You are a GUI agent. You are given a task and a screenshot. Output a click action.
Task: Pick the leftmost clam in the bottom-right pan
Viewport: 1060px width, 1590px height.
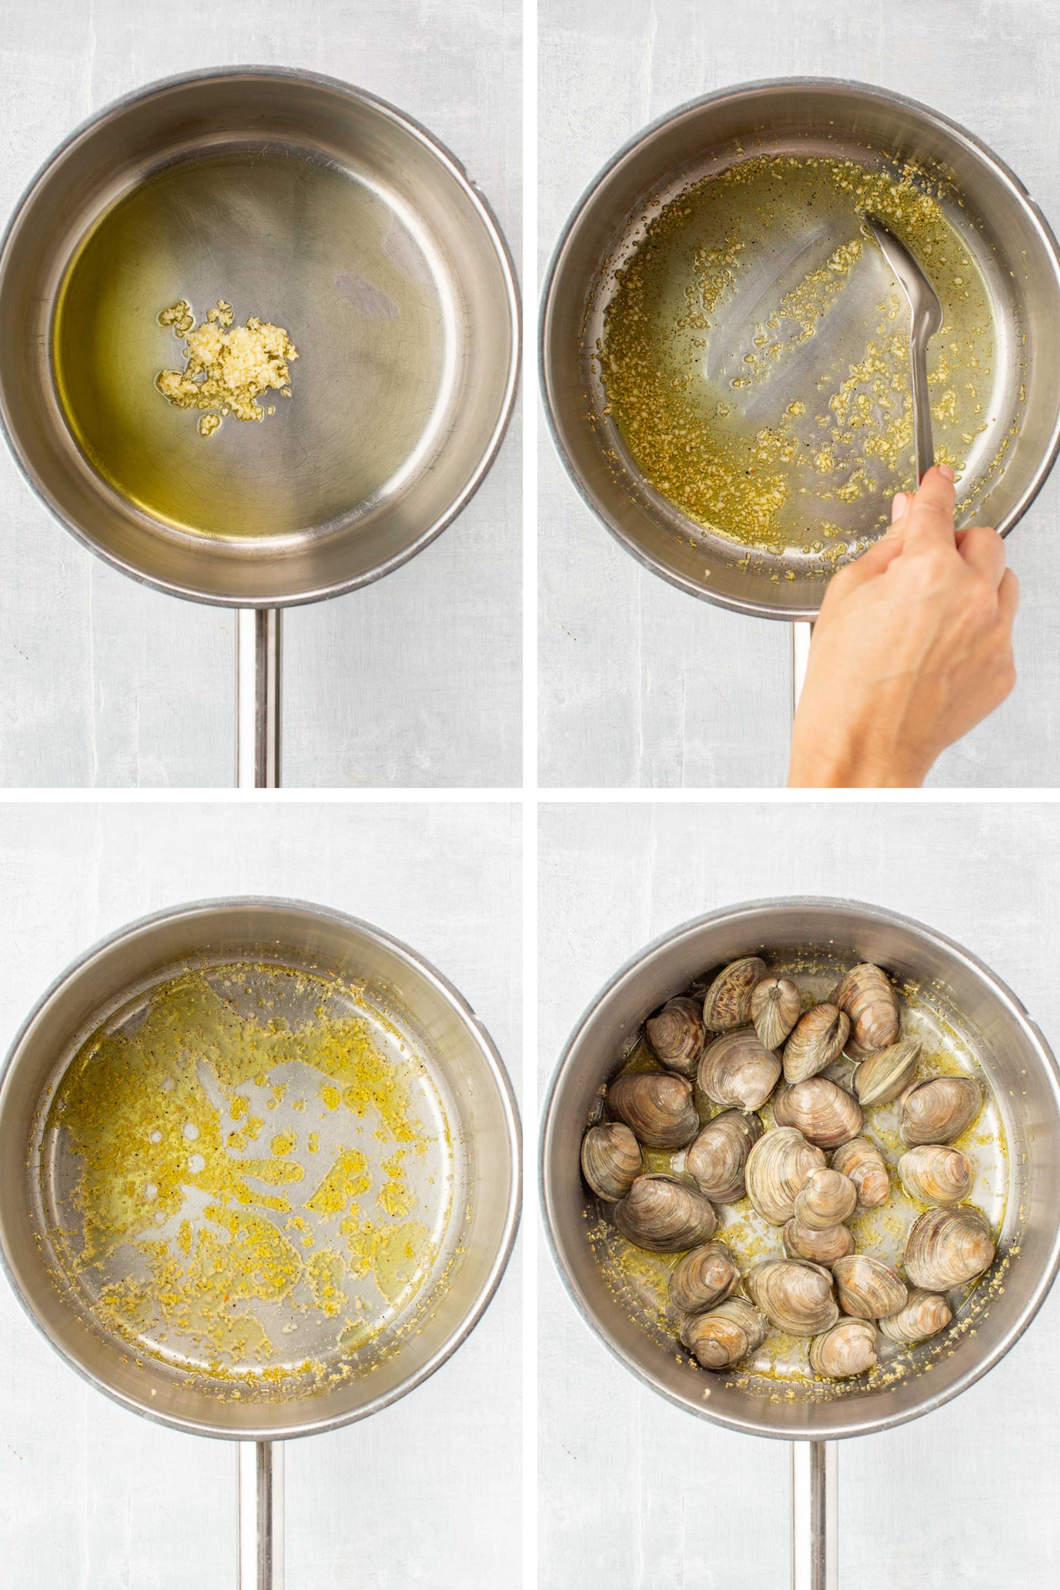[x=611, y=1160]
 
